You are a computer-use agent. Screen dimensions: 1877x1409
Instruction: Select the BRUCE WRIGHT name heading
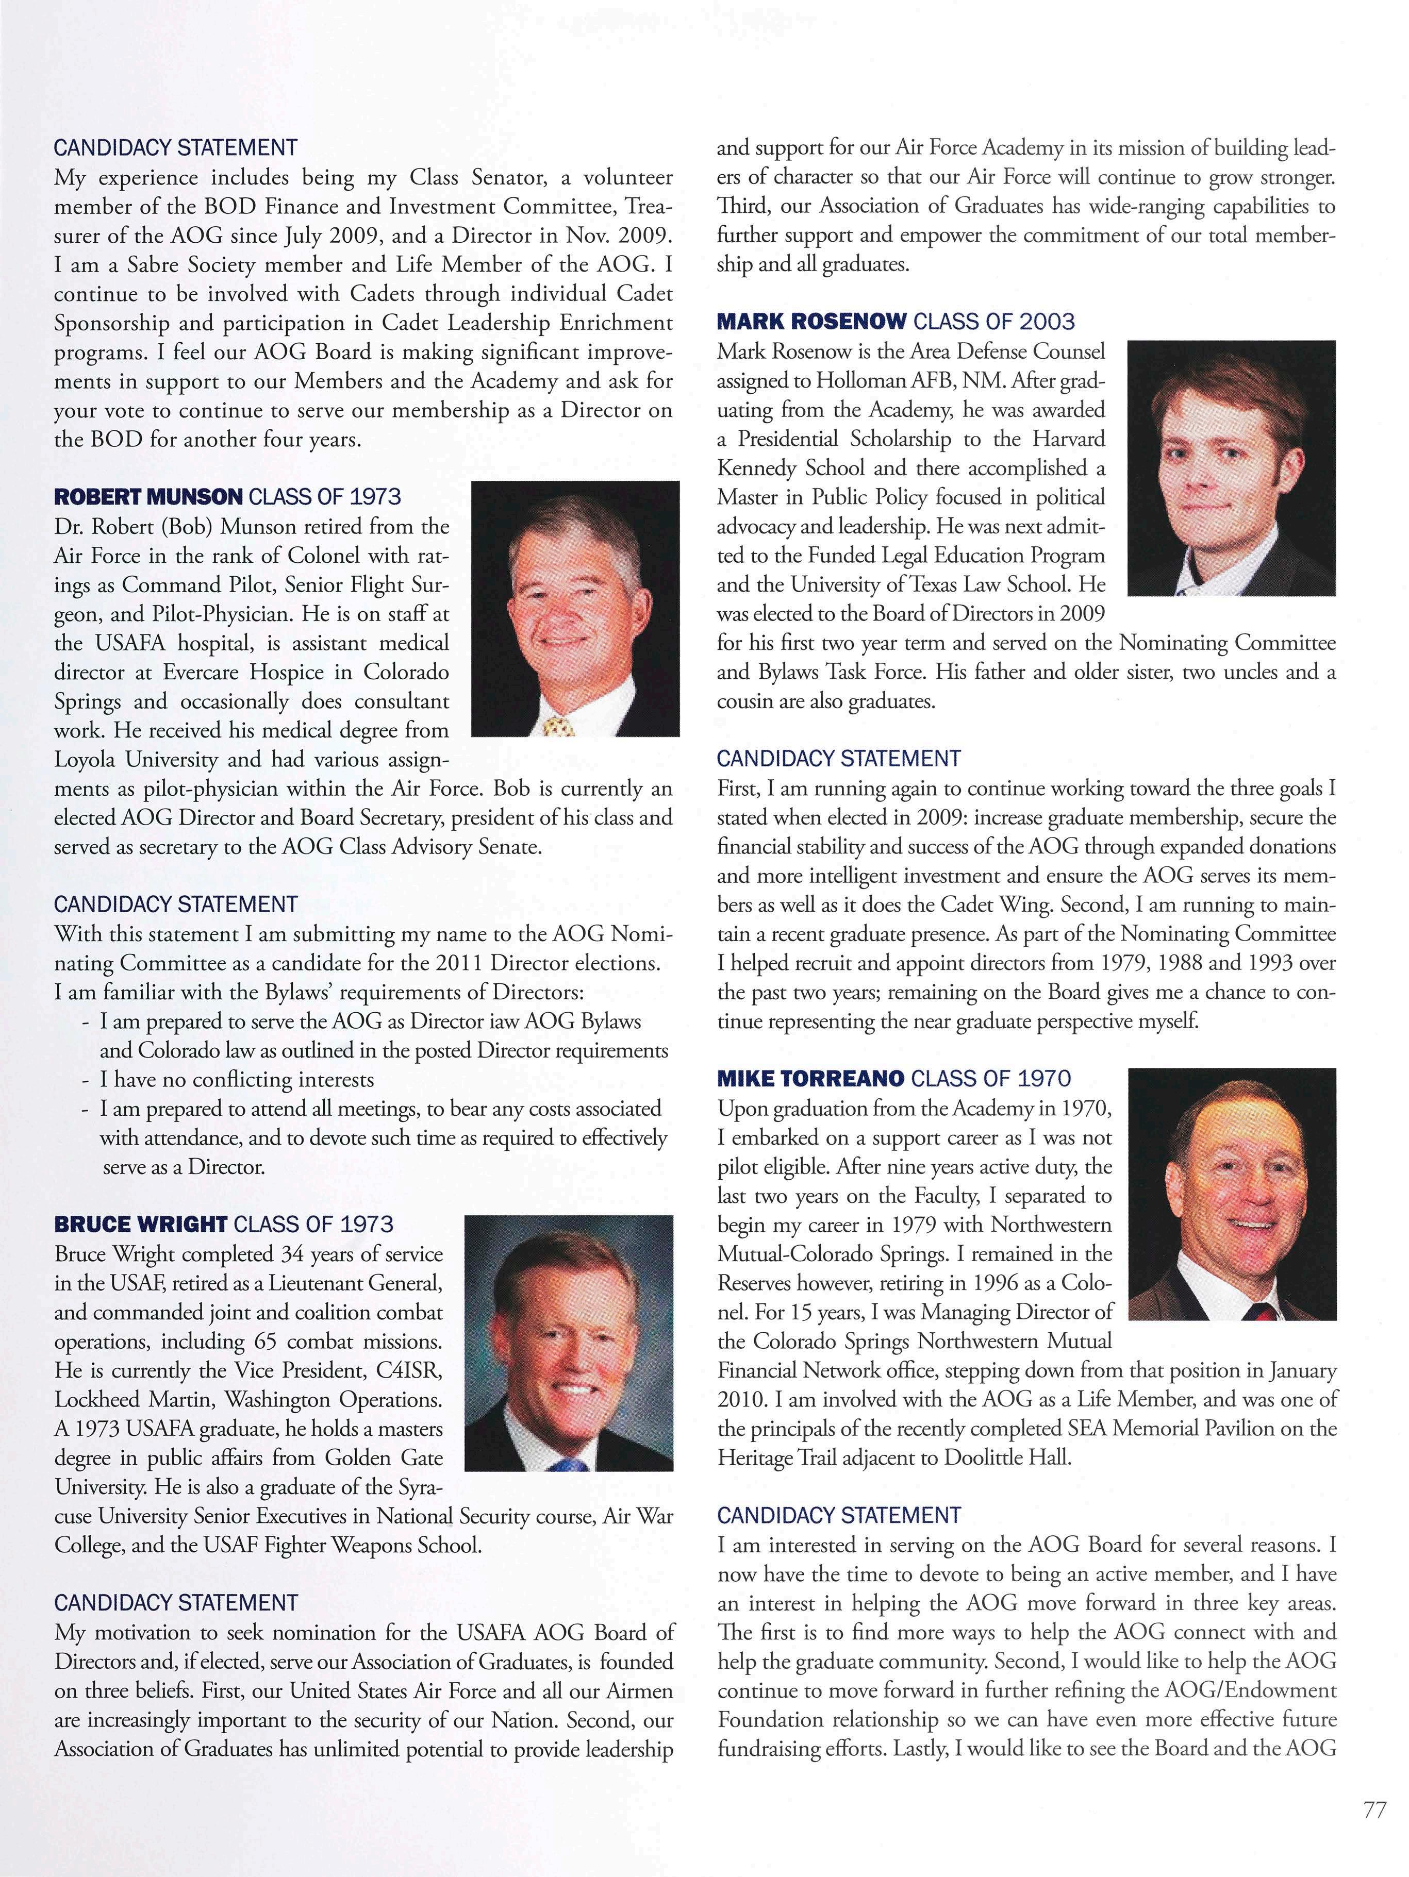coord(140,1224)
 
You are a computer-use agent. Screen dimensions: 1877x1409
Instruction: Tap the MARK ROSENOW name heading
coord(811,322)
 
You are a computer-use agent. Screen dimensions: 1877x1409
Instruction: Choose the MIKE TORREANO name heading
coord(810,1079)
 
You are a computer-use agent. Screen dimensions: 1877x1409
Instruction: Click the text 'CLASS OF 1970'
coord(990,1079)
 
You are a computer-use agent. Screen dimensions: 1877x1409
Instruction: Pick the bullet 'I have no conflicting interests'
coord(236,1079)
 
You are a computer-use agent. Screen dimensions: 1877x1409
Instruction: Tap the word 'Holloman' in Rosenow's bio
coord(865,381)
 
